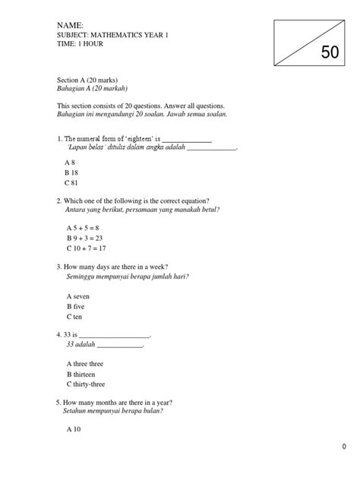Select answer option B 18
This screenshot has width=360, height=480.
pos(74,173)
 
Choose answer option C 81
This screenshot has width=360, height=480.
pos(73,184)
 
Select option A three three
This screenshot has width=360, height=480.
pos(85,365)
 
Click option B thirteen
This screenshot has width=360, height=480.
pos(83,375)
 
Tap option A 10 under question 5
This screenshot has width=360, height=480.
pos(74,430)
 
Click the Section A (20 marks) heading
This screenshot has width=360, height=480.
pos(87,80)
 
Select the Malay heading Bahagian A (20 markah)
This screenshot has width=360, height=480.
pos(90,89)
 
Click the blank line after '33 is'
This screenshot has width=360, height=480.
pos(115,336)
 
